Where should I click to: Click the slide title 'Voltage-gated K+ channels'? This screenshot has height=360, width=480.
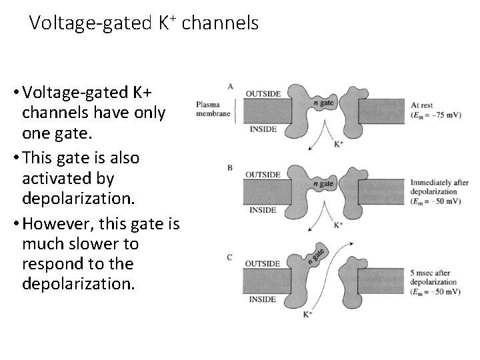click(143, 23)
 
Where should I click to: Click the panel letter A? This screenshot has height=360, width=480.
click(231, 86)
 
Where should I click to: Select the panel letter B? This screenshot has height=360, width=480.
click(231, 168)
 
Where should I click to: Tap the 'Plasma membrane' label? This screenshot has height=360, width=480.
click(212, 109)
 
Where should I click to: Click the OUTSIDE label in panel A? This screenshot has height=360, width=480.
click(263, 93)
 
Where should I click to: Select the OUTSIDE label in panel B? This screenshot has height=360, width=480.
click(263, 175)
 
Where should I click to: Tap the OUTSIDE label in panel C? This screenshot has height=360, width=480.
click(263, 264)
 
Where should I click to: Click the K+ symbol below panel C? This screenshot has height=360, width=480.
click(309, 313)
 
